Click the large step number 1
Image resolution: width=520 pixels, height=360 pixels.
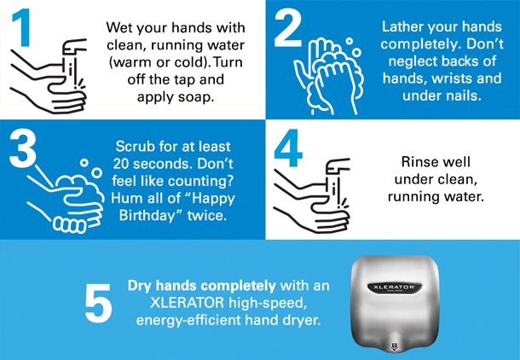(x=22, y=28)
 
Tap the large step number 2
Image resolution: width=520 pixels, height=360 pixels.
(x=288, y=28)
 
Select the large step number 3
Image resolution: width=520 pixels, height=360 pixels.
(x=22, y=148)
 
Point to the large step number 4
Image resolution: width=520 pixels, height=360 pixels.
(x=288, y=148)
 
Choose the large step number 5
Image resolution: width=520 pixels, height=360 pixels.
(x=98, y=303)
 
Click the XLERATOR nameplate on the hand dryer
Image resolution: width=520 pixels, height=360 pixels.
(x=395, y=287)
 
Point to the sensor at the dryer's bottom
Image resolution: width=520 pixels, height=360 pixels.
(x=395, y=346)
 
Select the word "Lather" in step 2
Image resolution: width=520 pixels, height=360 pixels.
(x=402, y=27)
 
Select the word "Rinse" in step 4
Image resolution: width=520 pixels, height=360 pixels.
(x=417, y=162)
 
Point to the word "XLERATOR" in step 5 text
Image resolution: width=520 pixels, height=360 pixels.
(x=187, y=303)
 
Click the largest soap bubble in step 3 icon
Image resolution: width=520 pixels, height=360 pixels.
(x=96, y=173)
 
